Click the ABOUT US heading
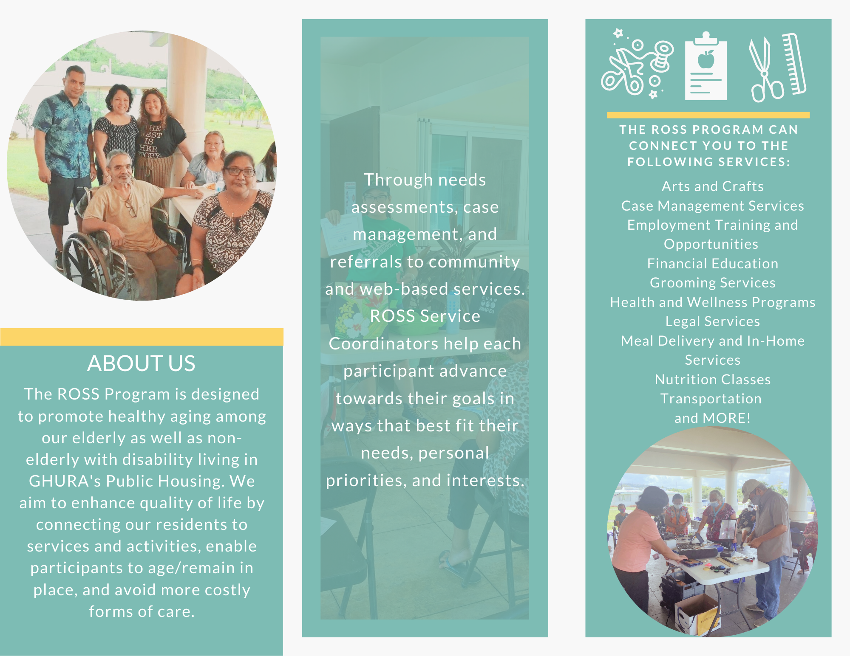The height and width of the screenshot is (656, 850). tap(141, 363)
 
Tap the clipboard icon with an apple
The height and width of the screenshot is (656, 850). tap(705, 66)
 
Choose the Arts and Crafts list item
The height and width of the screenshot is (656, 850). tap(713, 186)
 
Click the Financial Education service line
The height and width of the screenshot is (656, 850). tap(713, 264)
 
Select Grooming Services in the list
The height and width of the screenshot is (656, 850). tap(713, 283)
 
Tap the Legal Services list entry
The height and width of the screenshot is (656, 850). tap(713, 321)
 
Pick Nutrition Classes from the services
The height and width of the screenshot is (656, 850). tap(713, 379)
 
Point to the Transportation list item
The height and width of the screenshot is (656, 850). tap(711, 399)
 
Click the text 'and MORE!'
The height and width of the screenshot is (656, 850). tap(713, 418)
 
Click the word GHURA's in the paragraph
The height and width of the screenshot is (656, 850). tap(65, 481)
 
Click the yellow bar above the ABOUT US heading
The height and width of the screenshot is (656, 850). tap(142, 337)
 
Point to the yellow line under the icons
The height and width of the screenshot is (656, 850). tap(708, 115)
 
